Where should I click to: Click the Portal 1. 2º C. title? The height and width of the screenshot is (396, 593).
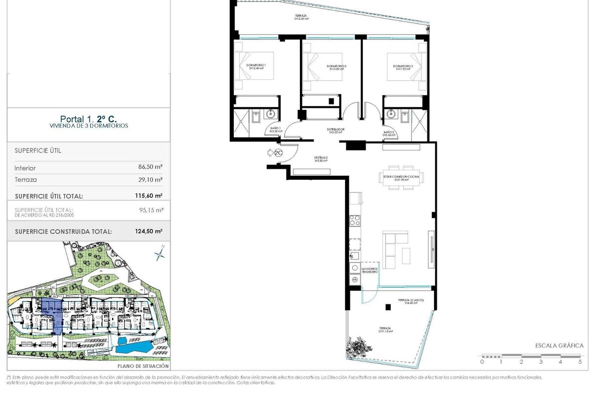point(89,119)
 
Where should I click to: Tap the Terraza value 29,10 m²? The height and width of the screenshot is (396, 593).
point(151,180)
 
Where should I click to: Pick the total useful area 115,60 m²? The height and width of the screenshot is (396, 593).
point(149,196)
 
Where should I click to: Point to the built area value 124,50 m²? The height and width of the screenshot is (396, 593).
point(149,231)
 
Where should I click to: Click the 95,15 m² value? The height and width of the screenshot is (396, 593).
point(151,210)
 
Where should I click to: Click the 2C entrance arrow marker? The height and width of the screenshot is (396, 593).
point(275,153)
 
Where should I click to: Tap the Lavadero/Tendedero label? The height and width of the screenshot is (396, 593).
point(369,270)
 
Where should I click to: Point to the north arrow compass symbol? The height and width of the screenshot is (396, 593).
point(160,253)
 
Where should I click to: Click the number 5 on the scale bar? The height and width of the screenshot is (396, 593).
point(580,362)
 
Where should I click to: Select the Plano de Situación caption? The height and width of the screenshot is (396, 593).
point(143,366)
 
